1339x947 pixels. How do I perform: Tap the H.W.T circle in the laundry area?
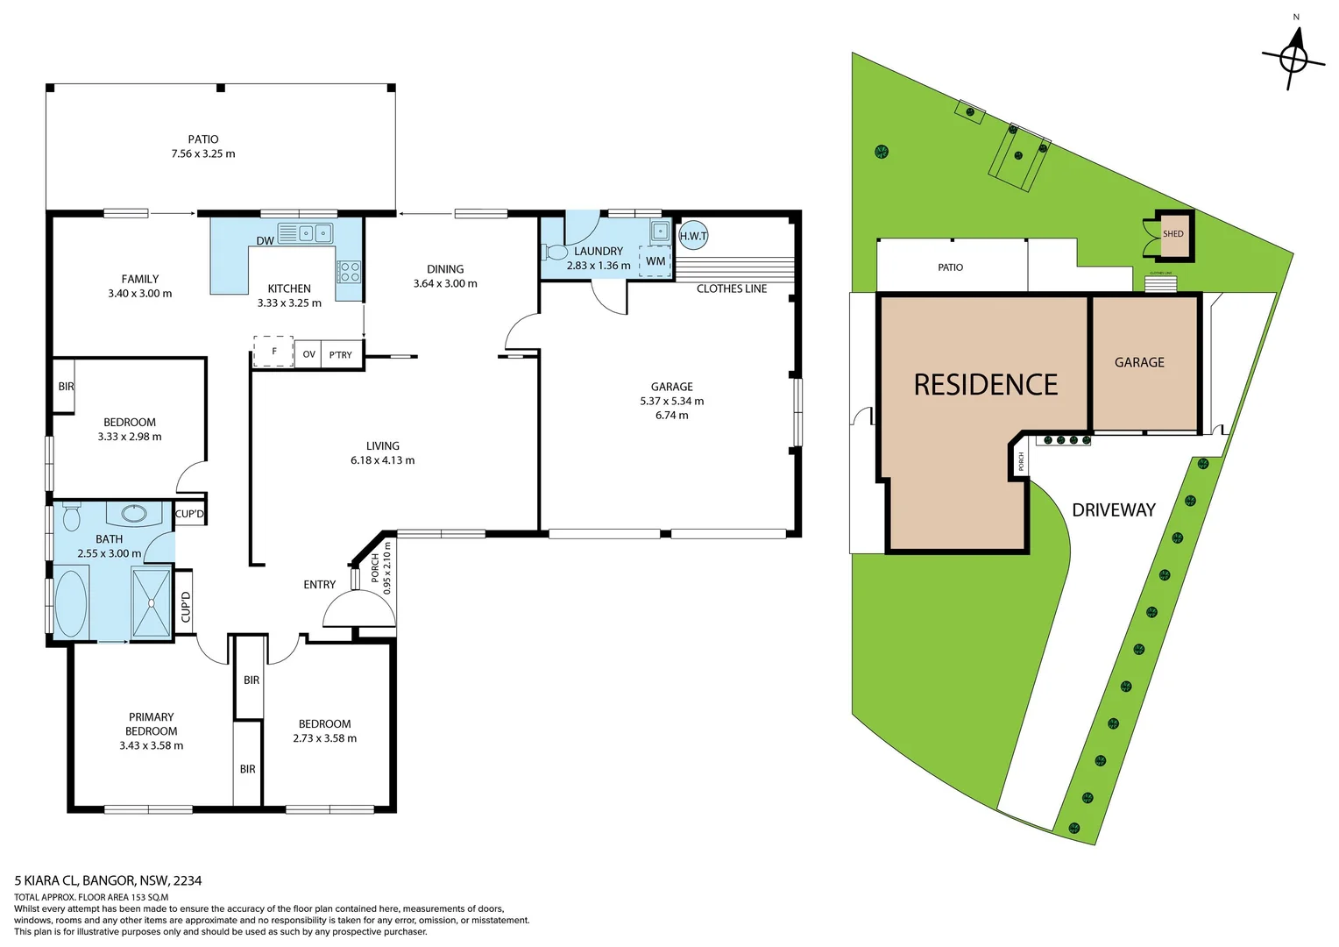(x=693, y=235)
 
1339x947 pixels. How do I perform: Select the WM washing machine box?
(x=655, y=261)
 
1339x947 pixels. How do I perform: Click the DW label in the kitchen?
(x=265, y=241)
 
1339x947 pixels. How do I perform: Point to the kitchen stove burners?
(x=349, y=271)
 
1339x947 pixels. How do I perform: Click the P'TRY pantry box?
(x=341, y=354)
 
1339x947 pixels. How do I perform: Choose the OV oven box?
(x=308, y=354)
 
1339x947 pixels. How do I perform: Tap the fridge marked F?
(x=273, y=352)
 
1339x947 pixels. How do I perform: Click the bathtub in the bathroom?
(x=71, y=603)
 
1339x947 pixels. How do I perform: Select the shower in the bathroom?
(x=152, y=603)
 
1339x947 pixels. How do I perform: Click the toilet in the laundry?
(x=556, y=253)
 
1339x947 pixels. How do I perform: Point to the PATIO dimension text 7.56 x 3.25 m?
(x=203, y=153)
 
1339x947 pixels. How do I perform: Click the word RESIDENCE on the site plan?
(x=985, y=385)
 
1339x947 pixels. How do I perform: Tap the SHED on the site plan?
(x=1173, y=234)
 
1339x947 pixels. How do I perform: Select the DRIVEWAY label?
(x=1113, y=510)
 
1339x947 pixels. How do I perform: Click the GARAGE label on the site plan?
(x=1139, y=362)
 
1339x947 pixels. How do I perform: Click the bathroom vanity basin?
(x=134, y=513)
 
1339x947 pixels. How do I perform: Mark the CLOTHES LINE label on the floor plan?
(x=731, y=288)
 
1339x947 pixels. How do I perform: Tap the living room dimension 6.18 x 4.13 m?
(x=383, y=460)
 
